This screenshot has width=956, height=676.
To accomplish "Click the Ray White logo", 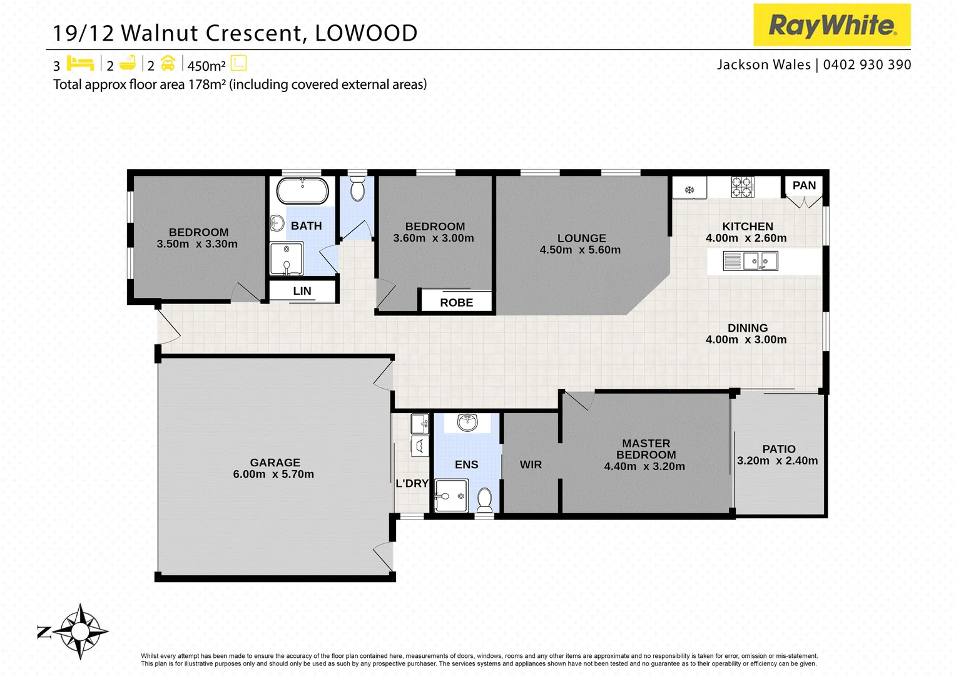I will [x=831, y=25].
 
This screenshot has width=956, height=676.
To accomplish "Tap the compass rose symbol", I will [x=79, y=632].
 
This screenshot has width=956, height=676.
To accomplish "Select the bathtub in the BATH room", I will [x=302, y=191].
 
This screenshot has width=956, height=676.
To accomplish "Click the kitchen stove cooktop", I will [x=743, y=187].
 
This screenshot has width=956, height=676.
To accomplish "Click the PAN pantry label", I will [x=804, y=185].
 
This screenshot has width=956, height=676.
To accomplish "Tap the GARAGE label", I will [x=275, y=463].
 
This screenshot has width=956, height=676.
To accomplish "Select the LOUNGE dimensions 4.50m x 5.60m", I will [x=580, y=250].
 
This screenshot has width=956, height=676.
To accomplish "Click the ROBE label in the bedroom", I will [x=456, y=302].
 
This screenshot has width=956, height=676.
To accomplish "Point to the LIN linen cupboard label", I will [x=302, y=291].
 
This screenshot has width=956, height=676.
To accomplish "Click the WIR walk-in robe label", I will [x=531, y=464].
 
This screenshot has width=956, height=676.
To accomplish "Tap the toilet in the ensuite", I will [x=484, y=499].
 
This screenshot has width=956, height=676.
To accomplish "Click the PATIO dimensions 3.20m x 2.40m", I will [x=777, y=461].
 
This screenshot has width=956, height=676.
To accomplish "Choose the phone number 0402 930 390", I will [x=867, y=64].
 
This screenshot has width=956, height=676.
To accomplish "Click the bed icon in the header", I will [x=80, y=63].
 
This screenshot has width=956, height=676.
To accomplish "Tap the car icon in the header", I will [x=168, y=63].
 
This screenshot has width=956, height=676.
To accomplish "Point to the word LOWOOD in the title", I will [x=366, y=33].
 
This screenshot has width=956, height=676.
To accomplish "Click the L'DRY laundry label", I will [x=412, y=483].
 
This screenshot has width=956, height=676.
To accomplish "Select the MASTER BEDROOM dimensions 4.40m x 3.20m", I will [x=644, y=466].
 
